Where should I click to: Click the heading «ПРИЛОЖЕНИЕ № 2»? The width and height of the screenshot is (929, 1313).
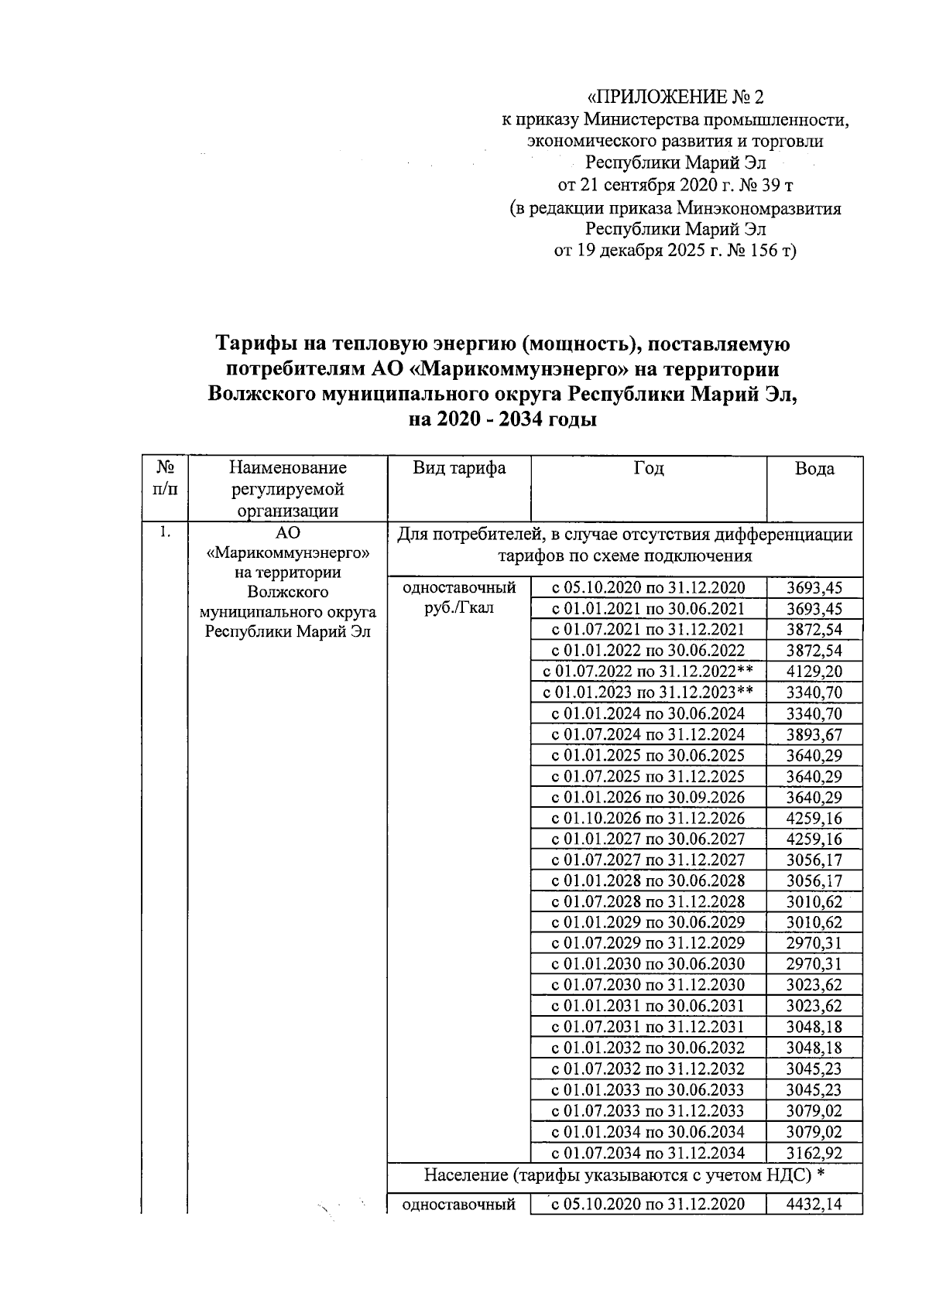[675, 97]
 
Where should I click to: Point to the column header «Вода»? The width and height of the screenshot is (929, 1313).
[814, 469]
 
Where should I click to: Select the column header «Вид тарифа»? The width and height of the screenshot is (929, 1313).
[459, 468]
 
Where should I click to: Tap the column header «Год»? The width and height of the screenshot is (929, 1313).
[648, 468]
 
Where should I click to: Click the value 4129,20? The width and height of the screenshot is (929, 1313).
[814, 672]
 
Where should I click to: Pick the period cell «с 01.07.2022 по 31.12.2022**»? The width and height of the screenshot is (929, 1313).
[648, 672]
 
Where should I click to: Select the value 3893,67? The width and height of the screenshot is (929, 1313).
[814, 734]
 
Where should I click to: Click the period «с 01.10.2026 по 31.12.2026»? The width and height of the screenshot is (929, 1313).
[648, 818]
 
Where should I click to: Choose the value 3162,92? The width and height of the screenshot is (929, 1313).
[814, 1153]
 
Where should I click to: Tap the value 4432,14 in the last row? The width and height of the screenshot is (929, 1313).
[814, 1203]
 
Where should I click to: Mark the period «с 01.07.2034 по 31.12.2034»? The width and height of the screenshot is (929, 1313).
[648, 1153]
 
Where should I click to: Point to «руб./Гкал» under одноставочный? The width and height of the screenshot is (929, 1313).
[459, 608]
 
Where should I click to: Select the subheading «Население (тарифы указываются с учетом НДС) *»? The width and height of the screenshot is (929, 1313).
[623, 1176]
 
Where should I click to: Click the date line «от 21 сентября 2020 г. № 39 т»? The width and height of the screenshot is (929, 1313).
[675, 186]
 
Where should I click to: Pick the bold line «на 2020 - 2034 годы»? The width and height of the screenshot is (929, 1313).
[503, 421]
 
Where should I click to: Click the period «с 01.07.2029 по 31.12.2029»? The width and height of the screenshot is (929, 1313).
[648, 943]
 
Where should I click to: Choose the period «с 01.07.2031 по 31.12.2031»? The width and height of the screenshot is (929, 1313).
[648, 1027]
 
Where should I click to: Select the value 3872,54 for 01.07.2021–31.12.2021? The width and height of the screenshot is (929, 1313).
[814, 630]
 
